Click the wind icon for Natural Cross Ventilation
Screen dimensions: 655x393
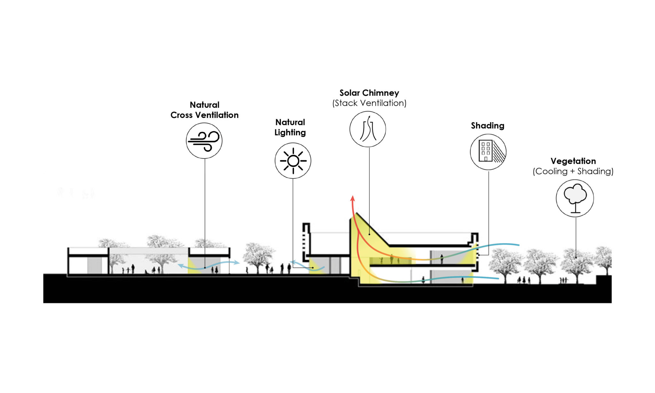point(204,141)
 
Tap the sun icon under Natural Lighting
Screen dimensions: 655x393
point(293,161)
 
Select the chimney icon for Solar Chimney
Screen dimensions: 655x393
point(368,129)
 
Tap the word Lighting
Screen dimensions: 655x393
point(290,133)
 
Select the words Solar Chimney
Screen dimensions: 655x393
point(369,93)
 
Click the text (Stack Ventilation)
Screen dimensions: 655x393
point(369,103)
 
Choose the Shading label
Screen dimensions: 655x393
point(488,126)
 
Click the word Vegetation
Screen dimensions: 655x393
point(573,161)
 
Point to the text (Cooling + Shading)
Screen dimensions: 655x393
point(573,171)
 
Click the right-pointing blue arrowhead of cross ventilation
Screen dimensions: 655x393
point(237,263)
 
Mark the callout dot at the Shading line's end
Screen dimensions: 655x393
point(479,255)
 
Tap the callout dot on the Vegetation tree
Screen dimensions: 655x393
point(576,257)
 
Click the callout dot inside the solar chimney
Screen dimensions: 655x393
point(369,234)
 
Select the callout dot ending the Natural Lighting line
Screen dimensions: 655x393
point(313,268)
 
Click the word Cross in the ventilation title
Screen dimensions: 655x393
point(182,115)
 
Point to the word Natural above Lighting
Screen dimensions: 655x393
point(290,122)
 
